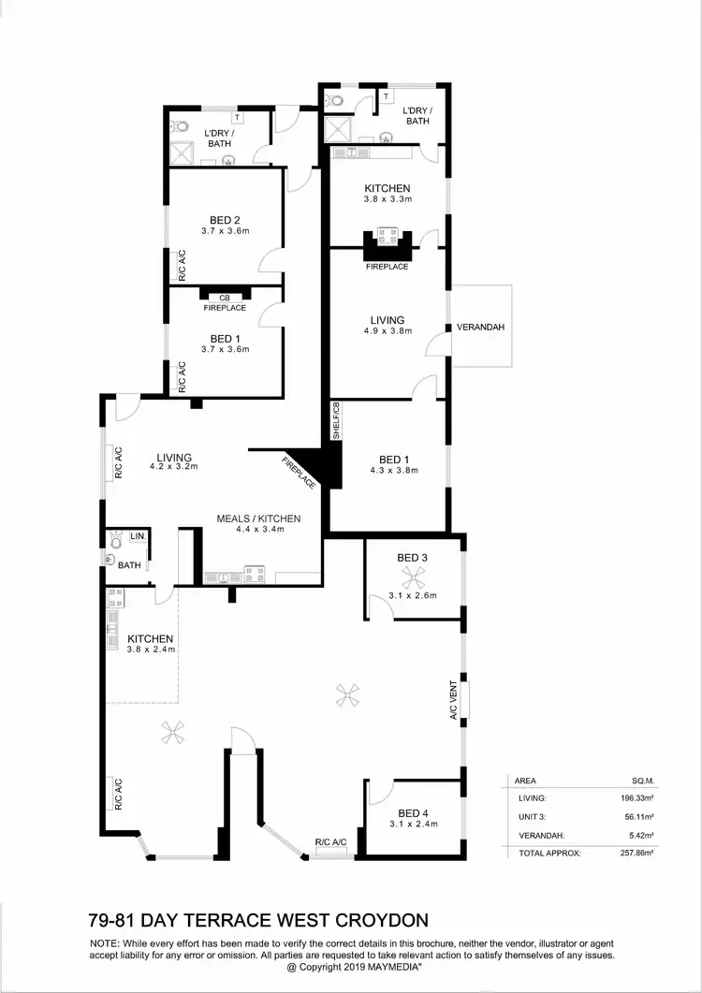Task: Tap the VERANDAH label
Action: (x=480, y=328)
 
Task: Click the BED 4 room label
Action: (x=413, y=812)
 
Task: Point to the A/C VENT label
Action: (x=453, y=699)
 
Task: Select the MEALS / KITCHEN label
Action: (x=258, y=518)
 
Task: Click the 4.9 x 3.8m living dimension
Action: (x=387, y=330)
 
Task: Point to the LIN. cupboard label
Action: (x=138, y=536)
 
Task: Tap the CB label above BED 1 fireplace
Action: (x=225, y=298)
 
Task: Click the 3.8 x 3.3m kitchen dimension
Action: (x=387, y=199)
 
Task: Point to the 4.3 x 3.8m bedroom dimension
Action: (x=393, y=471)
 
